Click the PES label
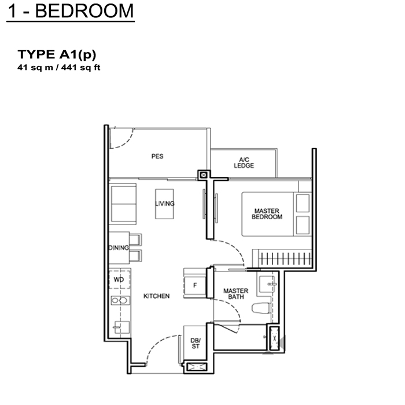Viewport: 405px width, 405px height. pos(157,156)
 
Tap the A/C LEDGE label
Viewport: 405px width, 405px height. pos(244,163)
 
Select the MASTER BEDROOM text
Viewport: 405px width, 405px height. pos(267,214)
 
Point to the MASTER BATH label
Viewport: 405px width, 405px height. pos(236,294)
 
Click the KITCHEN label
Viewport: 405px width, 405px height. pos(157,296)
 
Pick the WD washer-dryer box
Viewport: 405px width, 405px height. pos(119,279)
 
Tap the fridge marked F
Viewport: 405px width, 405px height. pos(195,285)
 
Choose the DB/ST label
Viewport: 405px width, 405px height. pos(196,343)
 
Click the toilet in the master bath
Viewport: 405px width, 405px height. pos(261,308)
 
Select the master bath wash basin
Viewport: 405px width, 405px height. pos(267,284)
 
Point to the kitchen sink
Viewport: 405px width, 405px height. pos(122,327)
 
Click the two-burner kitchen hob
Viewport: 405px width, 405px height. pos(120,300)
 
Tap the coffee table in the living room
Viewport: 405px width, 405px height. pos(164,204)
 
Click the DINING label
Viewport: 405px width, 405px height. pos(119,248)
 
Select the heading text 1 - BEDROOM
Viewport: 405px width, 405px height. pos(71,11)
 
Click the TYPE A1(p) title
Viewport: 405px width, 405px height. pos(57,54)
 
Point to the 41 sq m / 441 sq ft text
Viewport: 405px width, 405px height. pos(58,68)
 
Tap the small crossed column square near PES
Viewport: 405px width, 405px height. pos(204,175)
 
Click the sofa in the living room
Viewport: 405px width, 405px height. pos(123,204)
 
